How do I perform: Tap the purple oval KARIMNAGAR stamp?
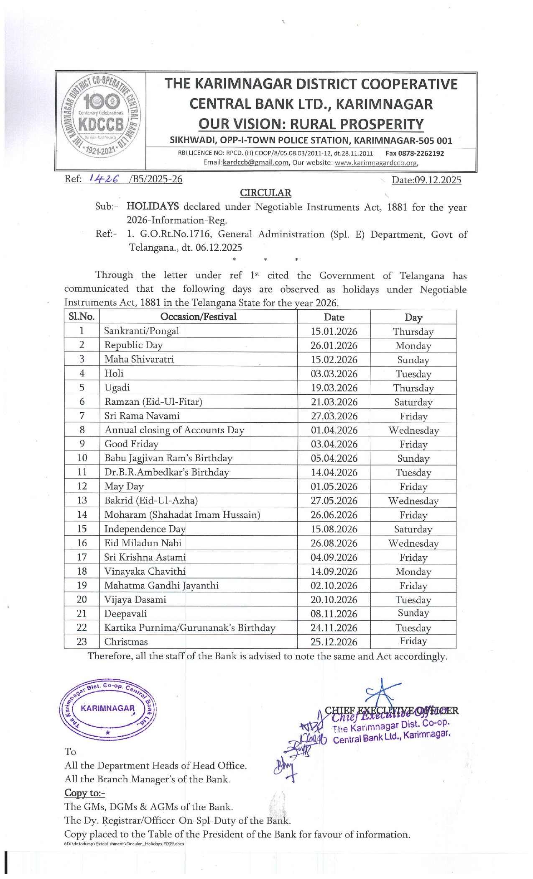[x=108, y=708]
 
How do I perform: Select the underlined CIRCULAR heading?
[x=265, y=193]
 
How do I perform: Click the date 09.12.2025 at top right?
[x=426, y=180]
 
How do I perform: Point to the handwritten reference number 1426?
[x=104, y=179]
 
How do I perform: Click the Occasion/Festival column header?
[x=198, y=317]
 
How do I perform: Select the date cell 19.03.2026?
[x=334, y=388]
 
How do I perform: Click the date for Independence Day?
[x=334, y=529]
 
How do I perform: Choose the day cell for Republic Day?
[x=413, y=346]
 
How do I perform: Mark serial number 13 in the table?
[x=82, y=500]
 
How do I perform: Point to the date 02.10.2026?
[x=334, y=586]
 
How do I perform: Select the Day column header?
[x=413, y=317]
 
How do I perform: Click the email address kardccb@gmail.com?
[x=255, y=162]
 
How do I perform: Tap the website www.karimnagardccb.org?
[x=376, y=162]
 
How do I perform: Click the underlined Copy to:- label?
[x=84, y=793]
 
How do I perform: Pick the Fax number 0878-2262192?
[x=421, y=153]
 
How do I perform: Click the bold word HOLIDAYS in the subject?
[x=153, y=206]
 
